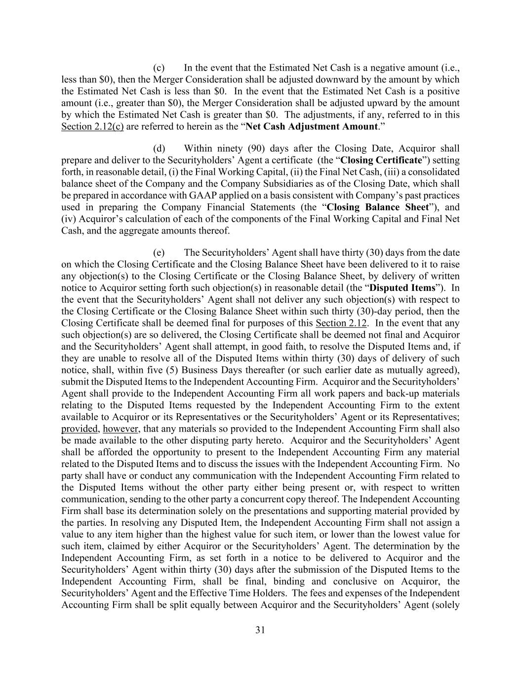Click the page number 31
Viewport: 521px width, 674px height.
(x=261, y=630)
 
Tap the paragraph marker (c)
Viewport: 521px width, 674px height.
(x=159, y=68)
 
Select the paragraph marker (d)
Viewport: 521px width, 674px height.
(x=159, y=149)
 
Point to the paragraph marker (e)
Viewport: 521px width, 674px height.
(x=159, y=253)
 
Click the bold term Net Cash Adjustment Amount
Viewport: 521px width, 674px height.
(x=312, y=126)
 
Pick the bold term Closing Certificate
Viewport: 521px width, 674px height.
(x=381, y=160)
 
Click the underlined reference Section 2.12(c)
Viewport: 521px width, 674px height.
(x=92, y=126)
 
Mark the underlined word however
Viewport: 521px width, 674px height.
(x=120, y=429)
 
